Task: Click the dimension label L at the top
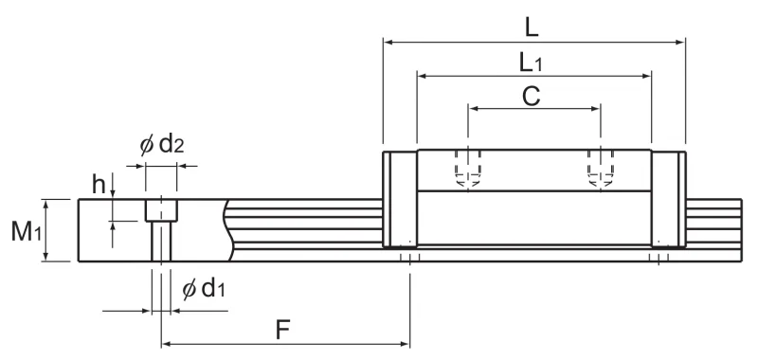point(532,28)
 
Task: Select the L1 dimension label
point(531,63)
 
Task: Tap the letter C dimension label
point(532,96)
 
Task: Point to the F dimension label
point(282,331)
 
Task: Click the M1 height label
point(27,232)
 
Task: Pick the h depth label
point(99,185)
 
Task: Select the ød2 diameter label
point(162,145)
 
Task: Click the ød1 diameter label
point(204,289)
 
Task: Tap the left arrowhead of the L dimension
point(388,43)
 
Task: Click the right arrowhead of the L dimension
point(680,43)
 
